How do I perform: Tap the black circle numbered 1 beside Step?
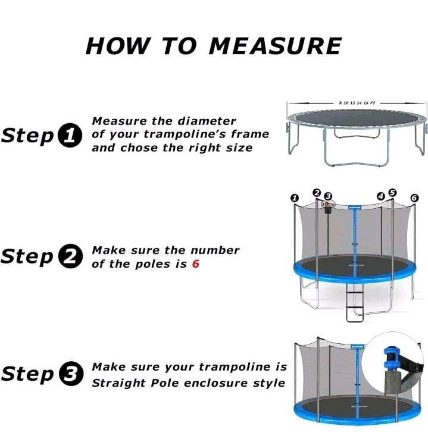click(70, 136)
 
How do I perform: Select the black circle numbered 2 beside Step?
click(70, 257)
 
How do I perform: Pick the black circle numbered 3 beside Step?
click(70, 375)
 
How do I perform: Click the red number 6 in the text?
click(195, 264)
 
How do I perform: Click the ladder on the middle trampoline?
click(355, 303)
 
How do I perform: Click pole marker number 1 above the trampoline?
click(294, 198)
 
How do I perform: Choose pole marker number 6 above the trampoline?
click(414, 198)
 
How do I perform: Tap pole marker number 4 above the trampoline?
click(381, 195)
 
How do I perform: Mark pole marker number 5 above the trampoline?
click(392, 192)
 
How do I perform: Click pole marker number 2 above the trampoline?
click(317, 192)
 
